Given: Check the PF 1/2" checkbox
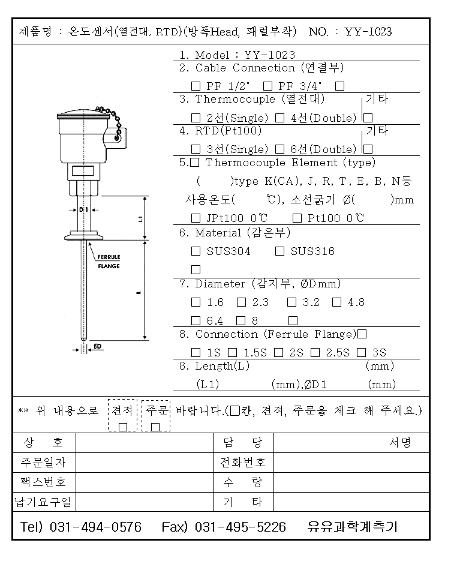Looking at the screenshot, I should (x=196, y=86).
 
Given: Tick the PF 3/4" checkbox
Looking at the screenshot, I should (x=268, y=86).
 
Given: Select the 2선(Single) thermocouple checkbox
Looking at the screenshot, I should (x=196, y=118).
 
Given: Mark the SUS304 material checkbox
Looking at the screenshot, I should (x=196, y=251).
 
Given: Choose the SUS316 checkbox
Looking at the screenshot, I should (x=279, y=251).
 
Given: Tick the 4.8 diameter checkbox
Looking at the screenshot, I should (x=337, y=302).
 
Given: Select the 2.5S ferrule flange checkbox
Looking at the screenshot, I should (x=315, y=353).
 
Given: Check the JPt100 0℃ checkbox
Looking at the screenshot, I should (x=196, y=218).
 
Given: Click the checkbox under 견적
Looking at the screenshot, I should (x=123, y=427).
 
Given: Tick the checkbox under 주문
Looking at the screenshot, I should (x=156, y=427).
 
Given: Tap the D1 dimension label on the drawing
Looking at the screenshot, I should (x=83, y=209).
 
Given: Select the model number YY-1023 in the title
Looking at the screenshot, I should (x=368, y=32).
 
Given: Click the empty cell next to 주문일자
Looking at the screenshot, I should (x=144, y=463).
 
